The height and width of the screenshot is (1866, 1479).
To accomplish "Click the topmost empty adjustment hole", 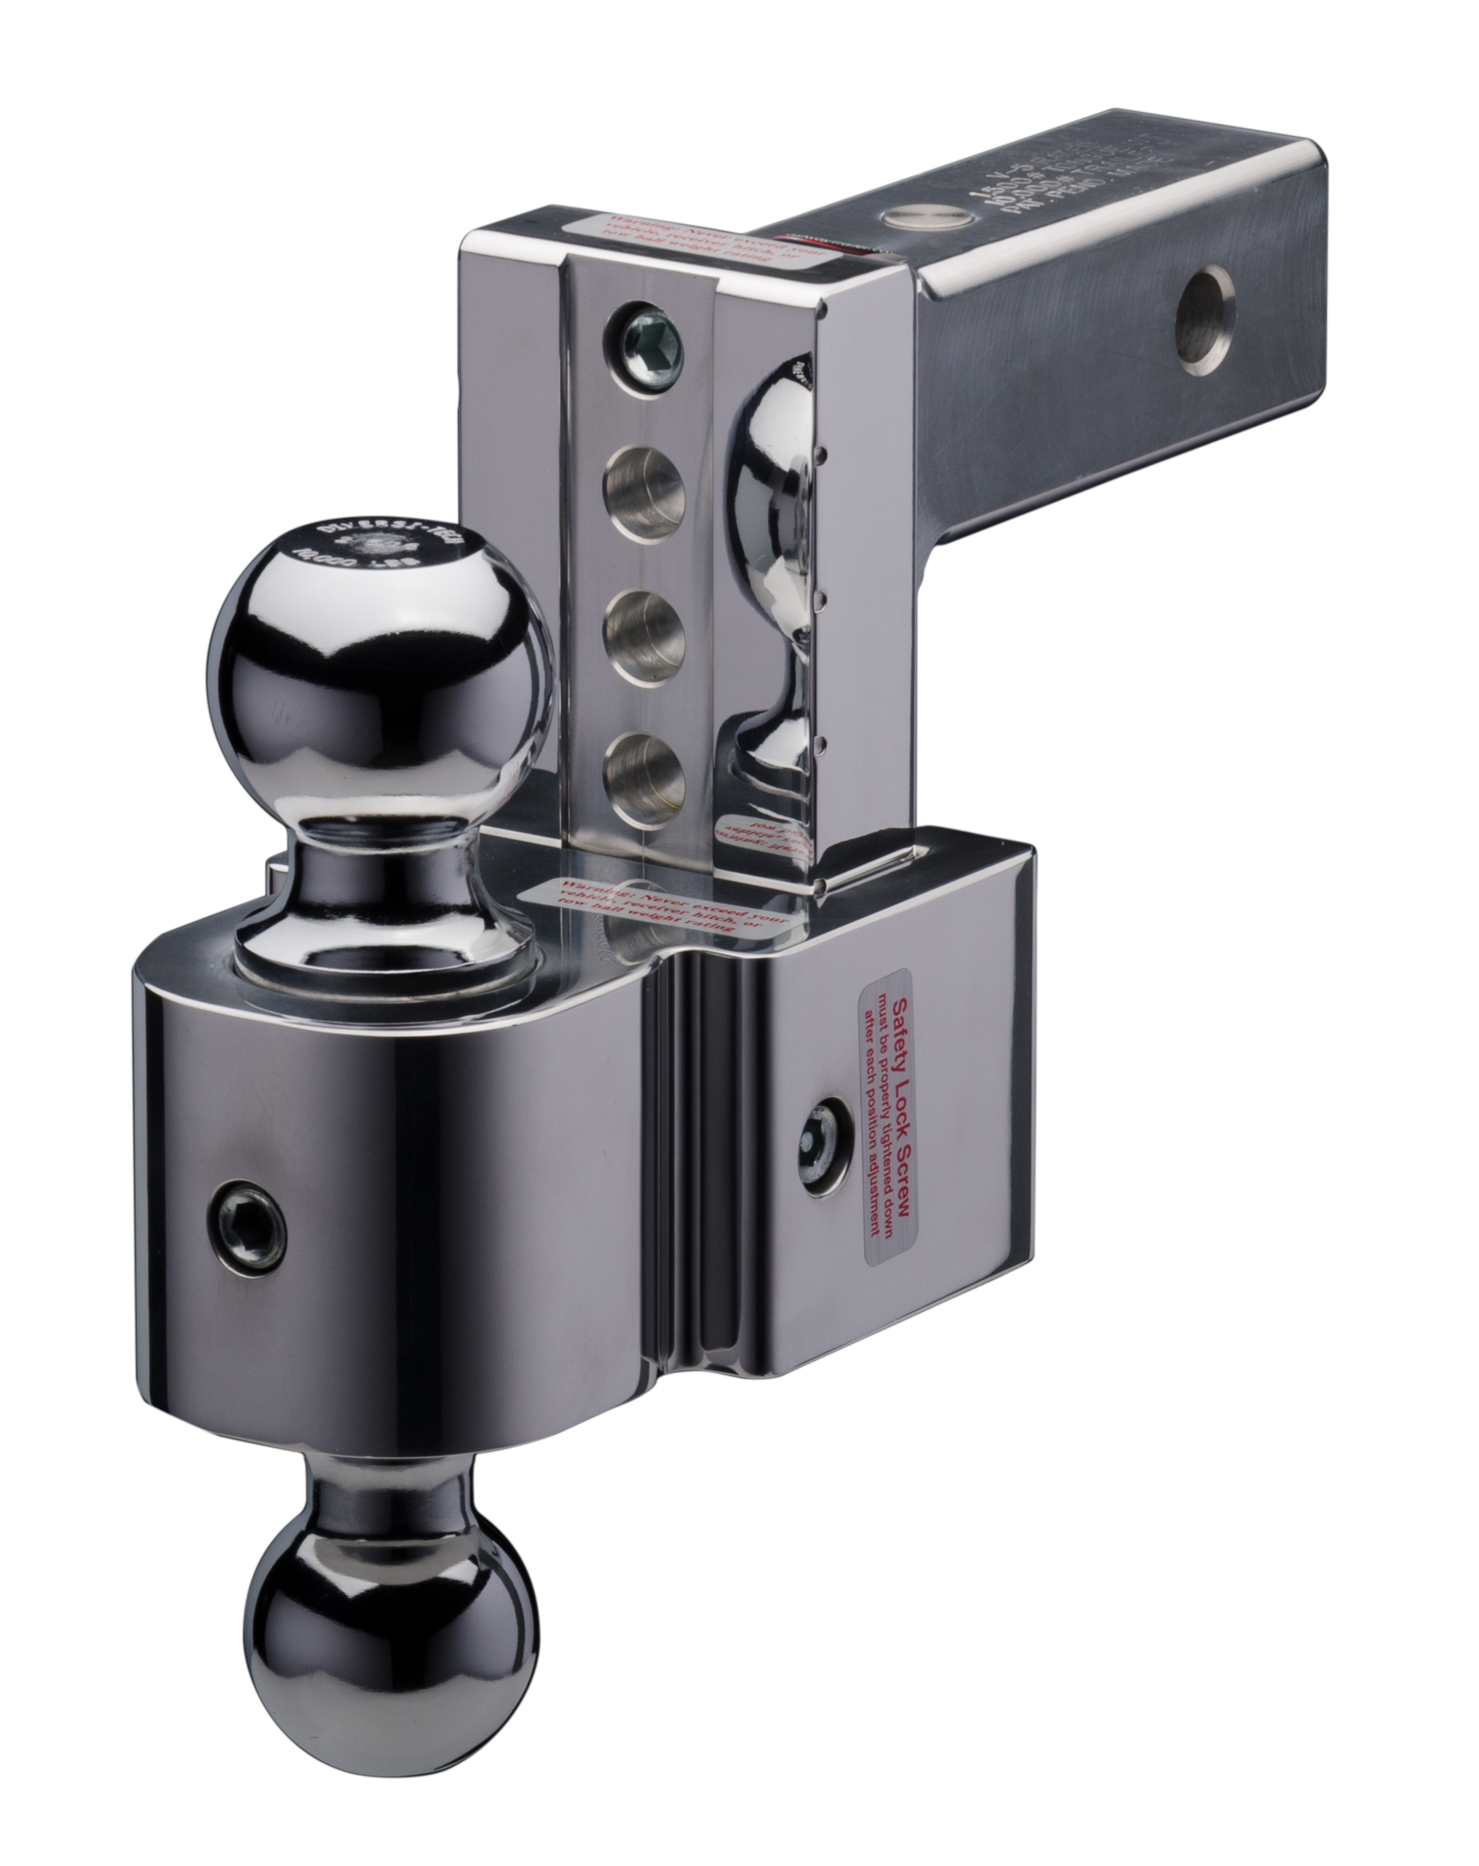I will pyautogui.click(x=644, y=486).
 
